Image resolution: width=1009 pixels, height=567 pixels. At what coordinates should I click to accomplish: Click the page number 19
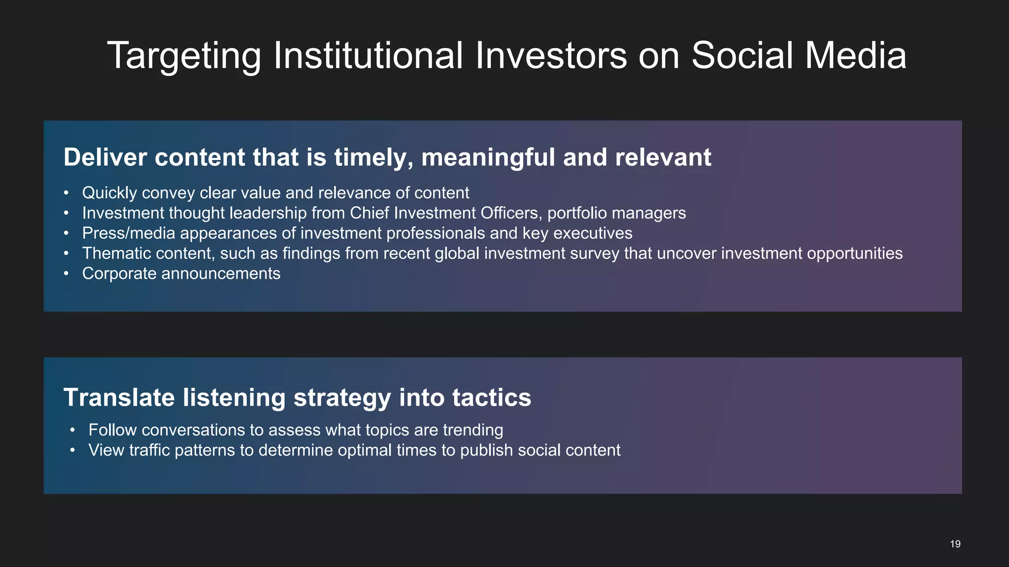click(x=955, y=544)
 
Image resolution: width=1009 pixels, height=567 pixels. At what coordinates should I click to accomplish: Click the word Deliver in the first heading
click(x=105, y=157)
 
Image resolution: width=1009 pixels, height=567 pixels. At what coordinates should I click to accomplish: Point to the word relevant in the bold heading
click(x=663, y=157)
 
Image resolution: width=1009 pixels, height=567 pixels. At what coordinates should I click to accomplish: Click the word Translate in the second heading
click(x=119, y=397)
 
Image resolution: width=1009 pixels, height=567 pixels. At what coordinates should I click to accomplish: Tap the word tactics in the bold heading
click(x=491, y=397)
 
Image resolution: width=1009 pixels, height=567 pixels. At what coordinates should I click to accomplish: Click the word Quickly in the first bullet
click(x=109, y=193)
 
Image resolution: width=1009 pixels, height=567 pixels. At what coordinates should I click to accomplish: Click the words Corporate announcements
click(x=181, y=273)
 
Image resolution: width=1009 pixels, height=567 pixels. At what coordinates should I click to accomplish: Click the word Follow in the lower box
click(x=112, y=430)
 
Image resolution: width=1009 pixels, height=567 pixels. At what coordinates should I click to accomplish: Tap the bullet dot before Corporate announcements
click(x=66, y=274)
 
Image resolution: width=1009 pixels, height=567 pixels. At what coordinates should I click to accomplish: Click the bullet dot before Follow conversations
click(x=72, y=430)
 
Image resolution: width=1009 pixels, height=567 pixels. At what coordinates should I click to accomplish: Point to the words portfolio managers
click(x=616, y=213)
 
